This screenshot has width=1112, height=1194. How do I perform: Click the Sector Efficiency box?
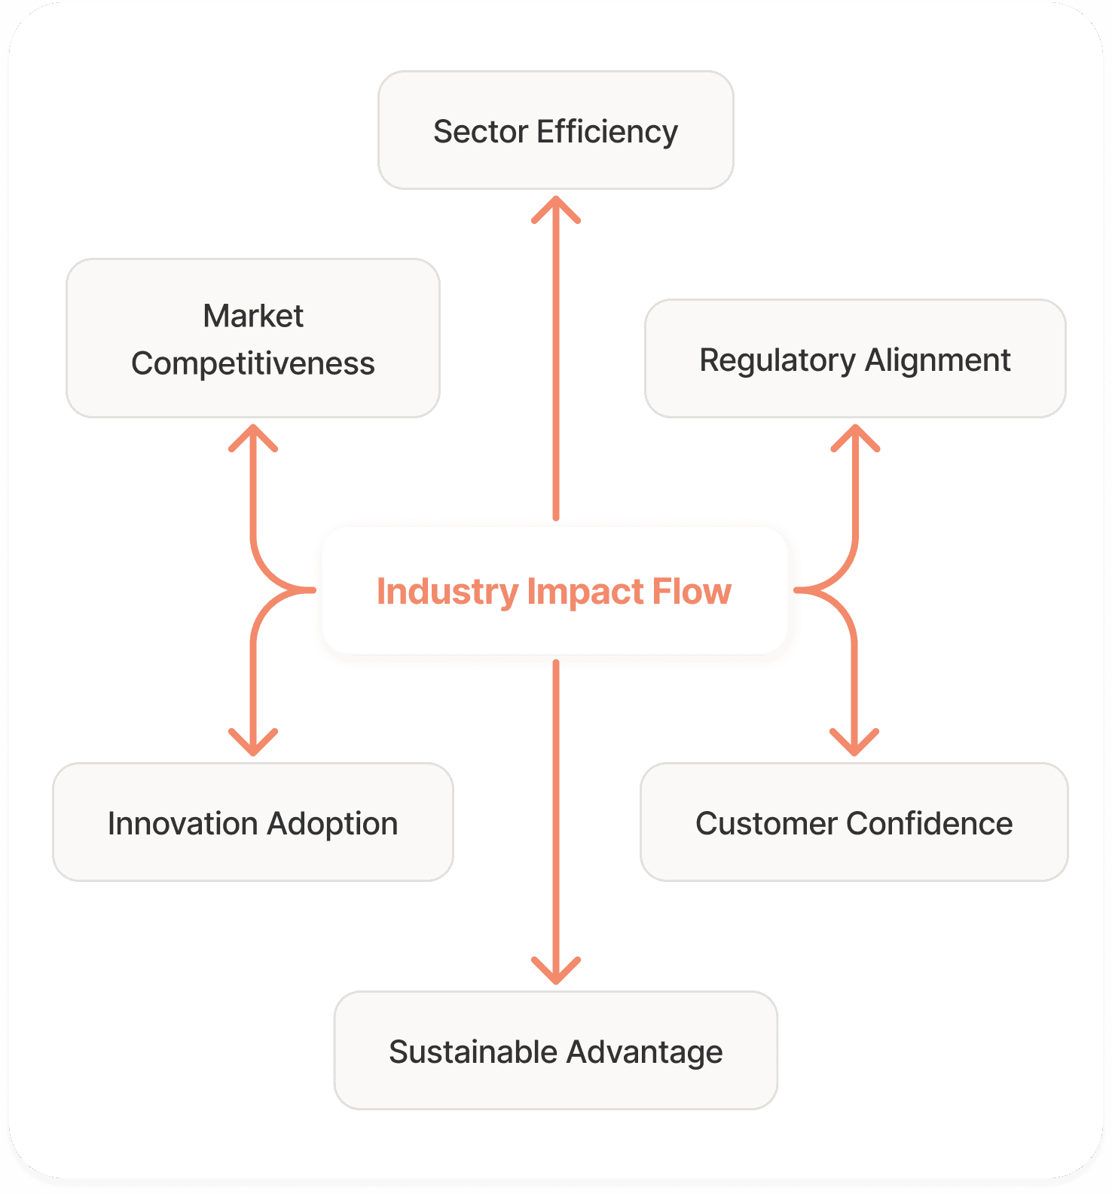[x=555, y=130]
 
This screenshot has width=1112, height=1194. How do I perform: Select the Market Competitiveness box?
[x=253, y=338]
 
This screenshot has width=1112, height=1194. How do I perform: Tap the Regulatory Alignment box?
[x=855, y=359]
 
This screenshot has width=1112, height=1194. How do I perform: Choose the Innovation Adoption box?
[x=253, y=822]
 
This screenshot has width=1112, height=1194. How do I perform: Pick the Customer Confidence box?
[x=854, y=822]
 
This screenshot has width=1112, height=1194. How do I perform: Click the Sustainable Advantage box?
[x=555, y=1051]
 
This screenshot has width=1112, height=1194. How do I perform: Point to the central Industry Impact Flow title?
[x=554, y=591]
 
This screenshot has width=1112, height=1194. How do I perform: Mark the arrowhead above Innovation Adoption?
[x=253, y=743]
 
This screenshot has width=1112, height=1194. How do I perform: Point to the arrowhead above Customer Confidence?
[x=854, y=743]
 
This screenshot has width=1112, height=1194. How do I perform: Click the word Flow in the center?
[x=692, y=591]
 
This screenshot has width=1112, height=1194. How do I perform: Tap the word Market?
[x=253, y=316]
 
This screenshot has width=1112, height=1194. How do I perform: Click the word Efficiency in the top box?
[x=607, y=131]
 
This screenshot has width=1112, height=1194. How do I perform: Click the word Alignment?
[x=937, y=360]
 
